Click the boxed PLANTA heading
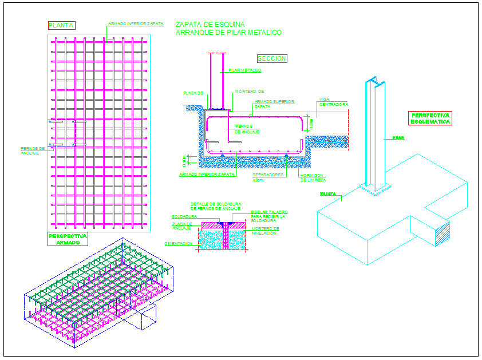point(61,25)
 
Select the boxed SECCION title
point(272,58)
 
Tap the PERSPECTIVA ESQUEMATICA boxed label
point(430,118)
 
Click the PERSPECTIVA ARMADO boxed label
point(68,239)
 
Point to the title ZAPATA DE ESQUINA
point(210,25)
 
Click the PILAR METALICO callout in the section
point(245,70)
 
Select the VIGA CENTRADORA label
point(334,102)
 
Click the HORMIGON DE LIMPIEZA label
point(313,177)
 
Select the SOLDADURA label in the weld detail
point(184,217)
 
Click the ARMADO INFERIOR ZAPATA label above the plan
point(136,24)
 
